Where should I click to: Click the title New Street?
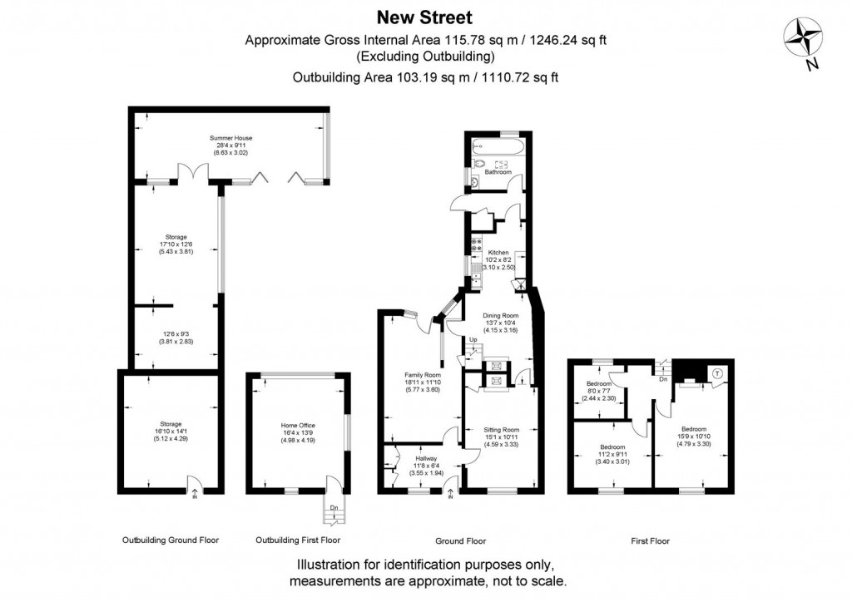click(425, 17)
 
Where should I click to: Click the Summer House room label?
click(231, 138)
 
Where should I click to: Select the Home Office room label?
click(297, 425)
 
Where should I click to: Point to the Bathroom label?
click(498, 172)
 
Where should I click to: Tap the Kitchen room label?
click(498, 252)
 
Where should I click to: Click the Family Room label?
click(422, 375)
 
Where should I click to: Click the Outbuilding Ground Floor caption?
click(171, 540)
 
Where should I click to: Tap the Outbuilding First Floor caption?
click(299, 540)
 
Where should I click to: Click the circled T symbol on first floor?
click(716, 373)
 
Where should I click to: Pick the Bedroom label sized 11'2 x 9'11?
click(612, 447)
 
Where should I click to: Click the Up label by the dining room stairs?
click(473, 340)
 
